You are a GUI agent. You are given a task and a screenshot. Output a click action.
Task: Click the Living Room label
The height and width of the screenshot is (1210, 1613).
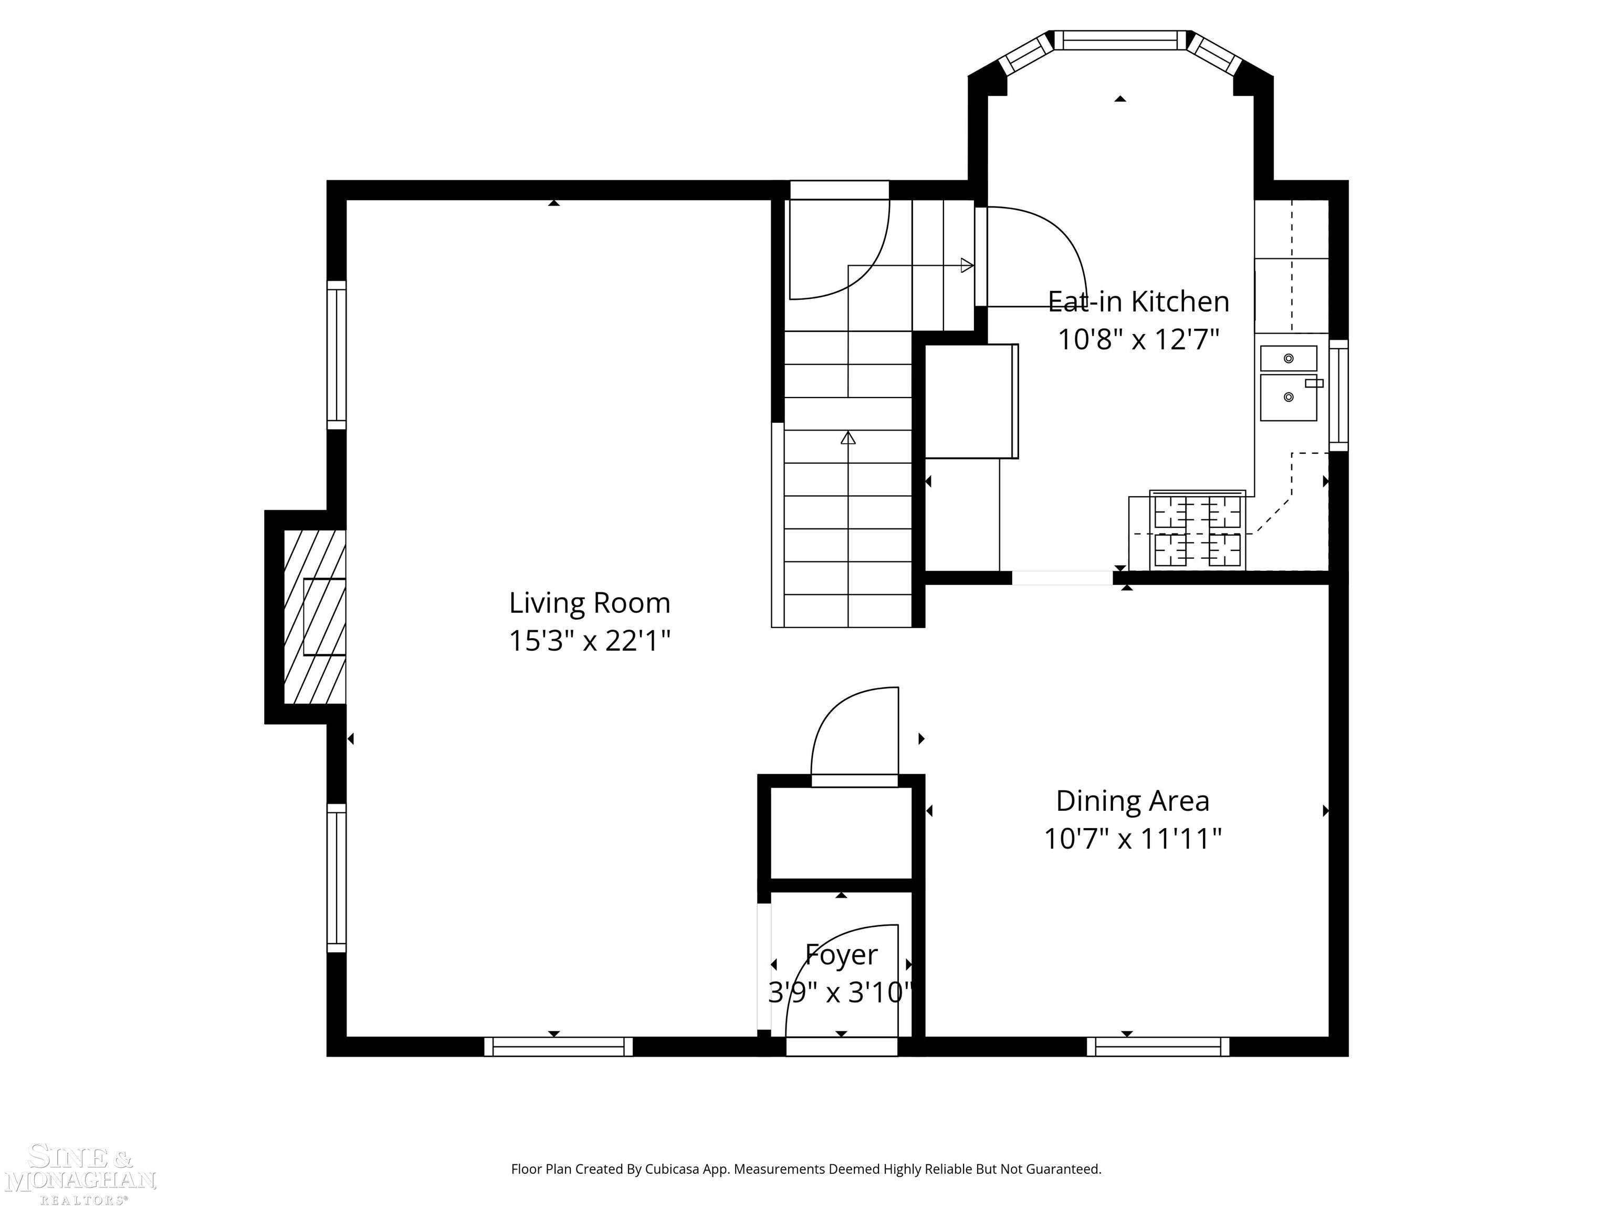(589, 603)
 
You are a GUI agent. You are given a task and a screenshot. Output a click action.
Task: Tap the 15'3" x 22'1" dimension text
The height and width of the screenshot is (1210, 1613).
(589, 641)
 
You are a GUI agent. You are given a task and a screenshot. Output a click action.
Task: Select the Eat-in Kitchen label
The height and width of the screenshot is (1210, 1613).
(1138, 301)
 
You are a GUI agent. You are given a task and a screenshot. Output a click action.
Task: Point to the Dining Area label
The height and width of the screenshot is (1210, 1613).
(1133, 801)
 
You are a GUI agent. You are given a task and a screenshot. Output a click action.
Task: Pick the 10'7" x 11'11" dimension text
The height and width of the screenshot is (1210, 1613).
(1133, 839)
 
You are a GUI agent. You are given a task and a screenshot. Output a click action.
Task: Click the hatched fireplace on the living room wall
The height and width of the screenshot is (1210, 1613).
(315, 617)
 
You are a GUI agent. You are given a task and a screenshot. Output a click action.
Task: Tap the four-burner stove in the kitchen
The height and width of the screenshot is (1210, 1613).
(1197, 531)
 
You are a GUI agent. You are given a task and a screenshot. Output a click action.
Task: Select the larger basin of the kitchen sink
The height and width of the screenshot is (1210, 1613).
(1289, 398)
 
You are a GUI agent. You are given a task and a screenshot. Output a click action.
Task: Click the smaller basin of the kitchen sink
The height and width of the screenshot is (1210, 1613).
(1289, 358)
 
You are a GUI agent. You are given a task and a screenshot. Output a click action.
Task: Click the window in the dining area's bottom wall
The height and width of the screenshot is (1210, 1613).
(1158, 1047)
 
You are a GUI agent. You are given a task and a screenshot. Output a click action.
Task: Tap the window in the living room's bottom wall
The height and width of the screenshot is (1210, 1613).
(559, 1047)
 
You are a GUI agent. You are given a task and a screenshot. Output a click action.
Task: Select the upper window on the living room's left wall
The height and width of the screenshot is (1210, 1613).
(336, 355)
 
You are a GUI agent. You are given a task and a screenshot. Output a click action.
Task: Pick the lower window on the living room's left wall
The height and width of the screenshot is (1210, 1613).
(336, 878)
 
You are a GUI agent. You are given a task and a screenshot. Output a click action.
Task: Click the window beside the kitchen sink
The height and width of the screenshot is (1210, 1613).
(1338, 395)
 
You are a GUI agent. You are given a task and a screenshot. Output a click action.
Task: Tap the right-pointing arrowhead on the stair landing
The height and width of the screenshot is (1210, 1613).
(968, 266)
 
